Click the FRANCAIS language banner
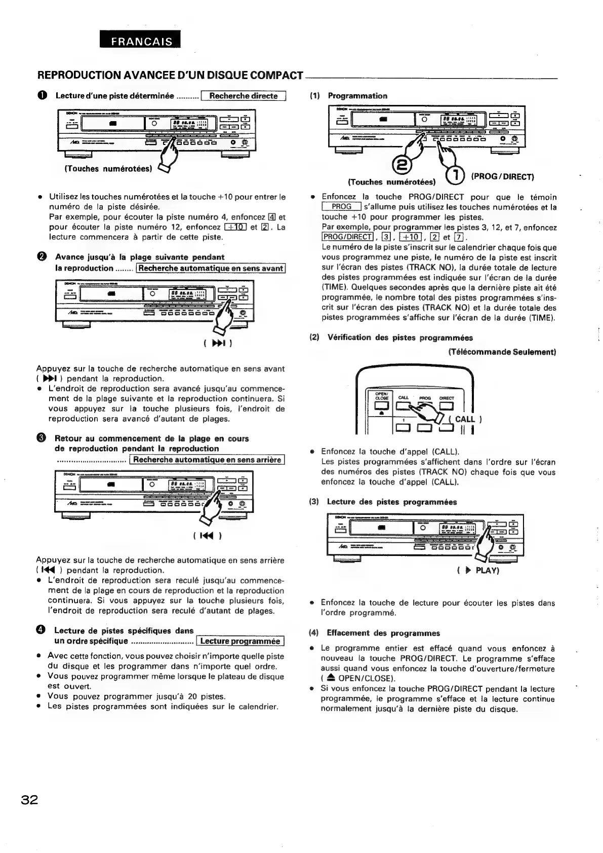coord(141,42)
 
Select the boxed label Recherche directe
coord(244,96)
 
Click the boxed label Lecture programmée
coord(240,641)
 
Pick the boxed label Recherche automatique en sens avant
coord(211,268)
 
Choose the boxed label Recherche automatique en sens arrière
coord(207,460)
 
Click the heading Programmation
coord(357,96)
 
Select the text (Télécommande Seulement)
coord(502,352)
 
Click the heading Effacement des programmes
coord(383,633)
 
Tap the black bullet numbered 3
coord(43,439)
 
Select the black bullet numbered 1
coord(43,96)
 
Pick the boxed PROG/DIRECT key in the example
coord(347,237)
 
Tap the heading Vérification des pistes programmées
coord(400,338)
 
